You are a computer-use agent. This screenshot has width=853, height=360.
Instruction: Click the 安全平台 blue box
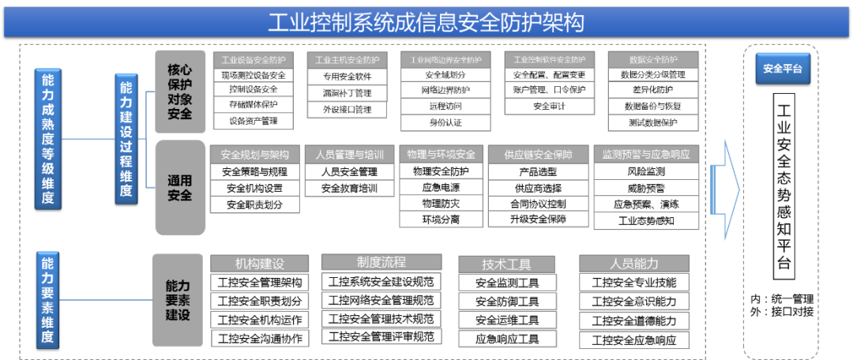pos(782,69)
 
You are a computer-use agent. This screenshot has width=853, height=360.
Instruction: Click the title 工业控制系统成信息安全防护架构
pos(426,22)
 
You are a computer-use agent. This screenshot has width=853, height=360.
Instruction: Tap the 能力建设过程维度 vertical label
pos(126,139)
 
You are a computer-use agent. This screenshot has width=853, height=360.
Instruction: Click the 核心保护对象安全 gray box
pos(180,92)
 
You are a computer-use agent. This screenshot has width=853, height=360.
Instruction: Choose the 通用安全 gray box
pos(180,187)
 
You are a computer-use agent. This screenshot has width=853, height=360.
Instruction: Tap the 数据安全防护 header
pos(653,60)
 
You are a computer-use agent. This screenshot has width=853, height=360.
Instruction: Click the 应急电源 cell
pos(441,188)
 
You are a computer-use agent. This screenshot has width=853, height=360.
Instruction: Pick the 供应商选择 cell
pos(538,188)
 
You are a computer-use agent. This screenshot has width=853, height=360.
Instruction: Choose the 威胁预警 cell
pos(646,188)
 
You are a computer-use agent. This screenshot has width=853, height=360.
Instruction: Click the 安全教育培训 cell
pos(350,189)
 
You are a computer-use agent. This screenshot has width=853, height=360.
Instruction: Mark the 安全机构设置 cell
pos(254,189)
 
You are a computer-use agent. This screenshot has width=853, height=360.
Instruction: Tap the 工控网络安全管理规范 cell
pos(381,300)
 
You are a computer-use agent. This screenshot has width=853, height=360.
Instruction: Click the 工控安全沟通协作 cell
pos(259,339)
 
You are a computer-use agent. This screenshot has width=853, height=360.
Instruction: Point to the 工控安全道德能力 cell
pos(634,321)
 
